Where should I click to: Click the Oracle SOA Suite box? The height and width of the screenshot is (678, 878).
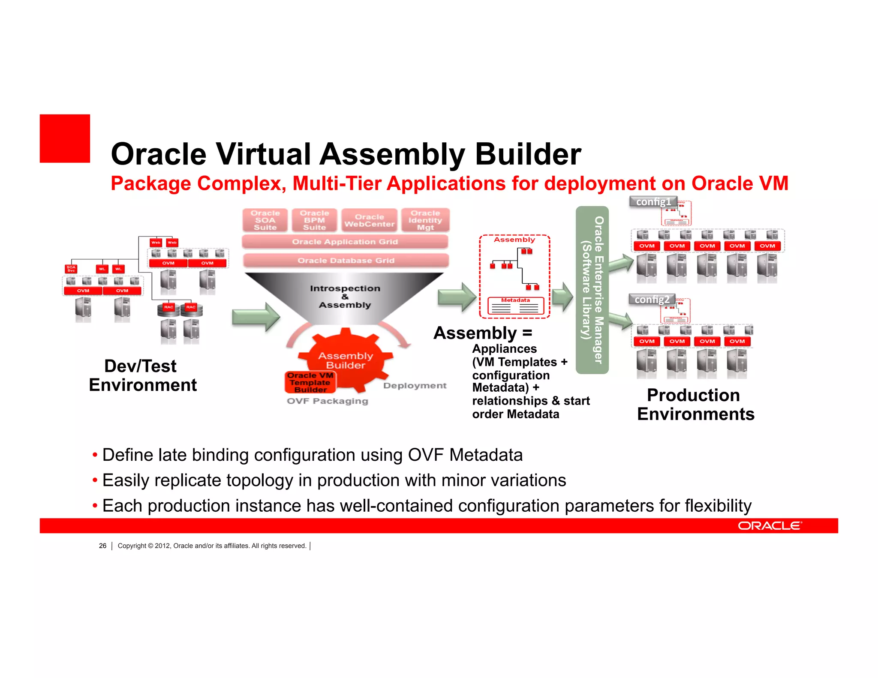[x=265, y=220]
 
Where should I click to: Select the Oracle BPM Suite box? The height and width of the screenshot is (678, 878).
[x=314, y=220]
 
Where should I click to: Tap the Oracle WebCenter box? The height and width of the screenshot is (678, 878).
[x=369, y=220]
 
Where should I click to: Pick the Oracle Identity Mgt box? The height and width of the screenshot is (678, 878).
[x=425, y=220]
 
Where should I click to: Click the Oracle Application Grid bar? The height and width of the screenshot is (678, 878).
[x=345, y=242]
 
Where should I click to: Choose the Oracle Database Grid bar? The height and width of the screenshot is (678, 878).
[x=346, y=261]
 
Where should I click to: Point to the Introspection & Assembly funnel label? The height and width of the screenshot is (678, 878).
[x=345, y=297]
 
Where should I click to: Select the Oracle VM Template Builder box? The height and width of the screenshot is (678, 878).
[x=310, y=382]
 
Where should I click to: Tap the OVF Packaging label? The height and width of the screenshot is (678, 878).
[x=328, y=401]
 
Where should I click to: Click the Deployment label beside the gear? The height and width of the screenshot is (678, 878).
[x=415, y=386]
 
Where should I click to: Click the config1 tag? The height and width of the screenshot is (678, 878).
[x=653, y=201]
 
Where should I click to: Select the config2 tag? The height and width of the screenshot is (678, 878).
[x=652, y=299]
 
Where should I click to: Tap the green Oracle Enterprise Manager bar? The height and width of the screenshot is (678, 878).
[x=592, y=290]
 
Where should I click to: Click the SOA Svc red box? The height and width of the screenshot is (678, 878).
[x=71, y=269]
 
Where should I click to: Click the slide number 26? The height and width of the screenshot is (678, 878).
[x=102, y=546]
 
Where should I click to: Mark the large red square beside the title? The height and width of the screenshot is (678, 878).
[x=65, y=138]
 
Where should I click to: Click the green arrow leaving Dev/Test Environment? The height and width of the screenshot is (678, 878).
[x=256, y=317]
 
